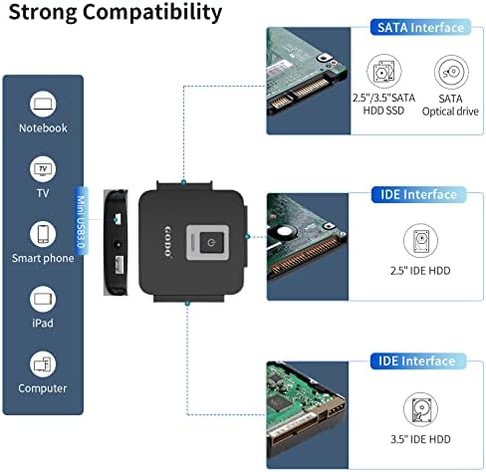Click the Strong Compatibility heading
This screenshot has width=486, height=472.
click(x=114, y=13)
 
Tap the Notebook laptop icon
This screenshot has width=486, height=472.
click(x=43, y=105)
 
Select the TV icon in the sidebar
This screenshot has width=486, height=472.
click(x=43, y=166)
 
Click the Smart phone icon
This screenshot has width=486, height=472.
click(x=43, y=233)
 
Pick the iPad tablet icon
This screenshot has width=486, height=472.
click(x=43, y=298)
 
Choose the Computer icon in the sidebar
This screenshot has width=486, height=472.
click(x=43, y=363)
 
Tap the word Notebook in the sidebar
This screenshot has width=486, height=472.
click(x=43, y=127)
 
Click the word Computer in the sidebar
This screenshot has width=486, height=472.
click(x=43, y=388)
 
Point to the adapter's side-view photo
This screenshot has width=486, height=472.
click(x=115, y=240)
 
